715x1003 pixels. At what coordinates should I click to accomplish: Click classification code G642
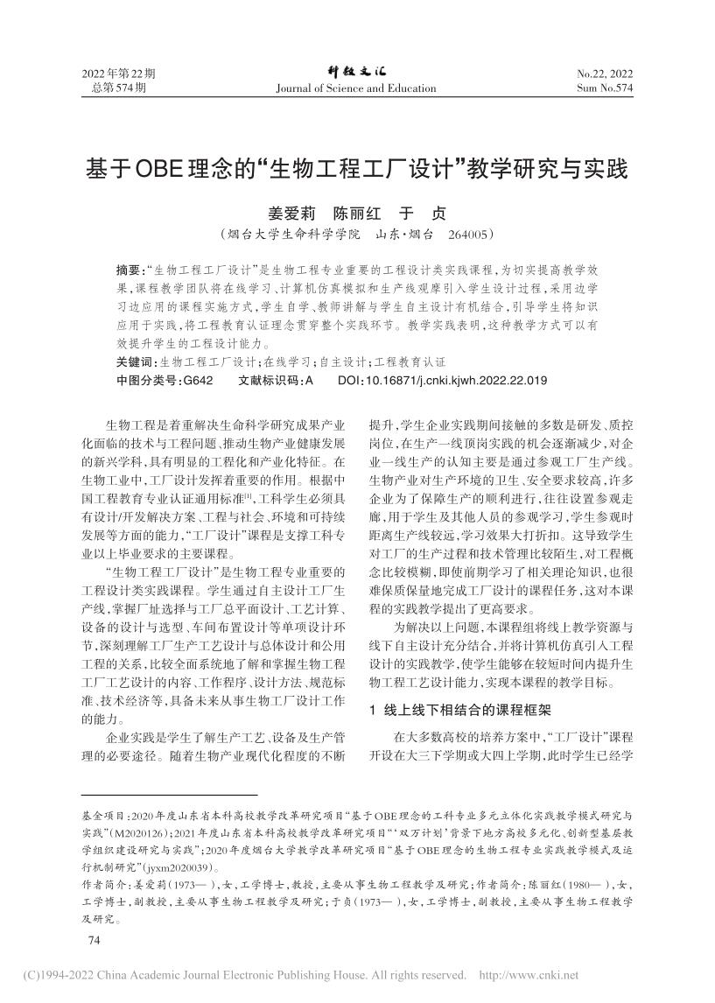tap(196, 381)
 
